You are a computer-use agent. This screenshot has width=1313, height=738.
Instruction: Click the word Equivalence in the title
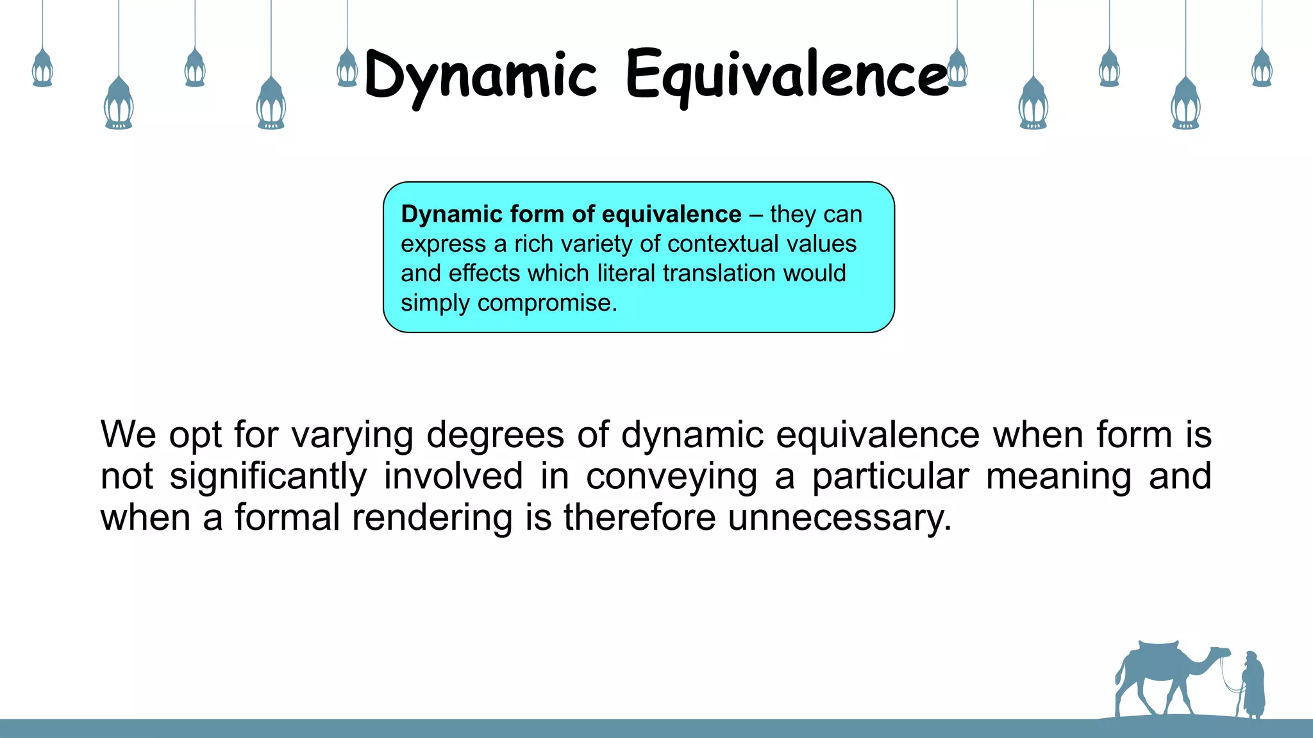(x=787, y=76)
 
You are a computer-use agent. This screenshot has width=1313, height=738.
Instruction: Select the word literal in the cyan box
(x=626, y=274)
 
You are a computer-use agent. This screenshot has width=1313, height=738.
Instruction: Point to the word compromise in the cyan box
(x=546, y=303)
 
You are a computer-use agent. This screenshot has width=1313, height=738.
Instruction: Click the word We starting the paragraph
(x=128, y=434)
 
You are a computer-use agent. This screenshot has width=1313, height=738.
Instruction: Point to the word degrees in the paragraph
(x=495, y=436)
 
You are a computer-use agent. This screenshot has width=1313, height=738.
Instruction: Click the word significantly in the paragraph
(x=268, y=477)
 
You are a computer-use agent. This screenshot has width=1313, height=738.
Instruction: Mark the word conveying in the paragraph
(x=671, y=477)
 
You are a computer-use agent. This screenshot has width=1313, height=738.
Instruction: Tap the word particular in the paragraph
(x=891, y=477)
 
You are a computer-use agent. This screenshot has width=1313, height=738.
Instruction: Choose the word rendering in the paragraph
(x=432, y=518)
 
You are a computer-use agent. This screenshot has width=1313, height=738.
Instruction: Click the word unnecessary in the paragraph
(x=839, y=518)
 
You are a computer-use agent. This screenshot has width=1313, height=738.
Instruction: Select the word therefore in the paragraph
(x=639, y=518)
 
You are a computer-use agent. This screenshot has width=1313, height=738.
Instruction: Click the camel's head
(x=1218, y=655)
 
